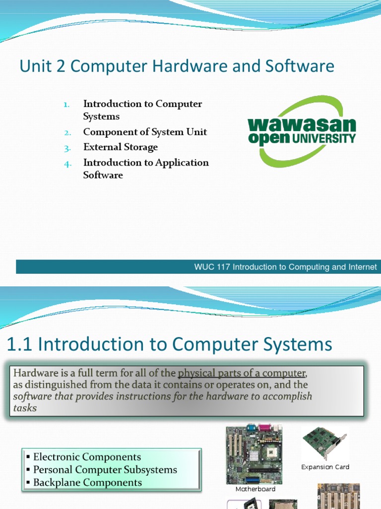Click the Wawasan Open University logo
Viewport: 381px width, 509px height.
[302, 132]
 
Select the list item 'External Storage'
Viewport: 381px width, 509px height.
[121, 147]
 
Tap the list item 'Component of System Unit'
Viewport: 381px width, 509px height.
[145, 132]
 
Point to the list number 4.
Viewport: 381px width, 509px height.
[67, 163]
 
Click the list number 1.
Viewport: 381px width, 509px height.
[67, 104]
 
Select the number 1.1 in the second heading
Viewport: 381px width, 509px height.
[19, 344]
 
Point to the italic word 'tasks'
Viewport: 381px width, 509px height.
[25, 408]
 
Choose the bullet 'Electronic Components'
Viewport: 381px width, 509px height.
[87, 457]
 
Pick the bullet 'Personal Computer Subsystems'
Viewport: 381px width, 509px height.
[105, 470]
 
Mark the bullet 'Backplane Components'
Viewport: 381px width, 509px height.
[87, 483]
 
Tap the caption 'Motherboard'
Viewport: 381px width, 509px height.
[255, 489]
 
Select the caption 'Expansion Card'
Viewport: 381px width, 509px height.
[325, 467]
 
